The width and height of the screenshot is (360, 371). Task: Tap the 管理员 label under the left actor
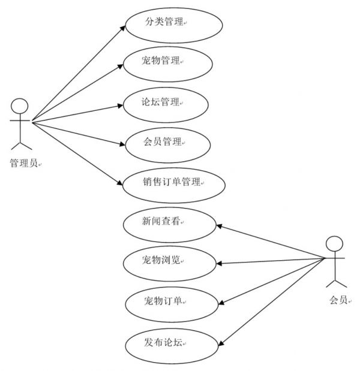click(x=23, y=163)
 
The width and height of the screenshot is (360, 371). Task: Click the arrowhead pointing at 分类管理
click(x=122, y=28)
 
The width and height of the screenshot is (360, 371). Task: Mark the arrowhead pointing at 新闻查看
click(x=220, y=226)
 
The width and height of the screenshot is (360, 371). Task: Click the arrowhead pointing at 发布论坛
click(x=221, y=343)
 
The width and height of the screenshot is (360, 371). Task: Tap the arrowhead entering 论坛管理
click(x=121, y=105)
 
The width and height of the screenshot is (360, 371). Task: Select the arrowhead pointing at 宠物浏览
click(x=220, y=263)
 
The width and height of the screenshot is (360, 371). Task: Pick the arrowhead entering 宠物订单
click(x=221, y=303)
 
